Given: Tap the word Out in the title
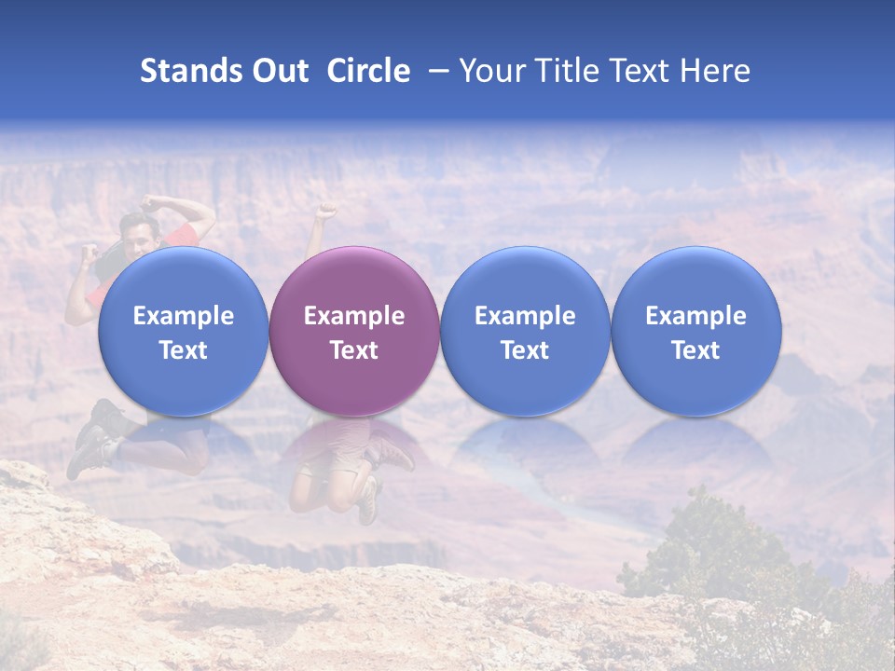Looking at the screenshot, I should (278, 72).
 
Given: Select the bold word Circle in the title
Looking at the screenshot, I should (368, 72).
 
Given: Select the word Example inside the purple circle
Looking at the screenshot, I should (354, 316).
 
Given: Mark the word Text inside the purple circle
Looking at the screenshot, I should (354, 350).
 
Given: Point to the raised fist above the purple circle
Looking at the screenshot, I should (325, 211).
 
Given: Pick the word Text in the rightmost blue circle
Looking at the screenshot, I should (696, 350).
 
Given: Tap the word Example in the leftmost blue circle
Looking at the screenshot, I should (183, 316).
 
